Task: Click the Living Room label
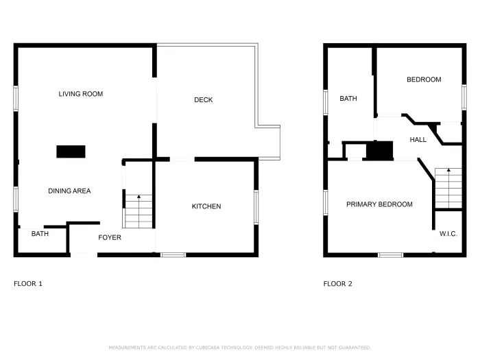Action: point(80,94)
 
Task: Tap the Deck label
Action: point(203,100)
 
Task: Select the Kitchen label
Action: point(206,206)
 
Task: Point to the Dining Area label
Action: point(69,191)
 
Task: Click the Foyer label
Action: point(110,238)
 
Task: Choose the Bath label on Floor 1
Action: point(40,234)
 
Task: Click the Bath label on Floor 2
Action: point(348,99)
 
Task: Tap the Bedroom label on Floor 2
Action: point(424,80)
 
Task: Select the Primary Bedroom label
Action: point(379,204)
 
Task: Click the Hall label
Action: point(418,140)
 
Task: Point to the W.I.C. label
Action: point(448,234)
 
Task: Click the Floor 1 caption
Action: point(28,283)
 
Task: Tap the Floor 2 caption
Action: point(338,283)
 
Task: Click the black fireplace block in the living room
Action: point(71,152)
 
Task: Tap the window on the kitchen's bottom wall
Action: point(173,255)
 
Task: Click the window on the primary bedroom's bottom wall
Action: point(390,255)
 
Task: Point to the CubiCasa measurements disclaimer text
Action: point(240,348)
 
